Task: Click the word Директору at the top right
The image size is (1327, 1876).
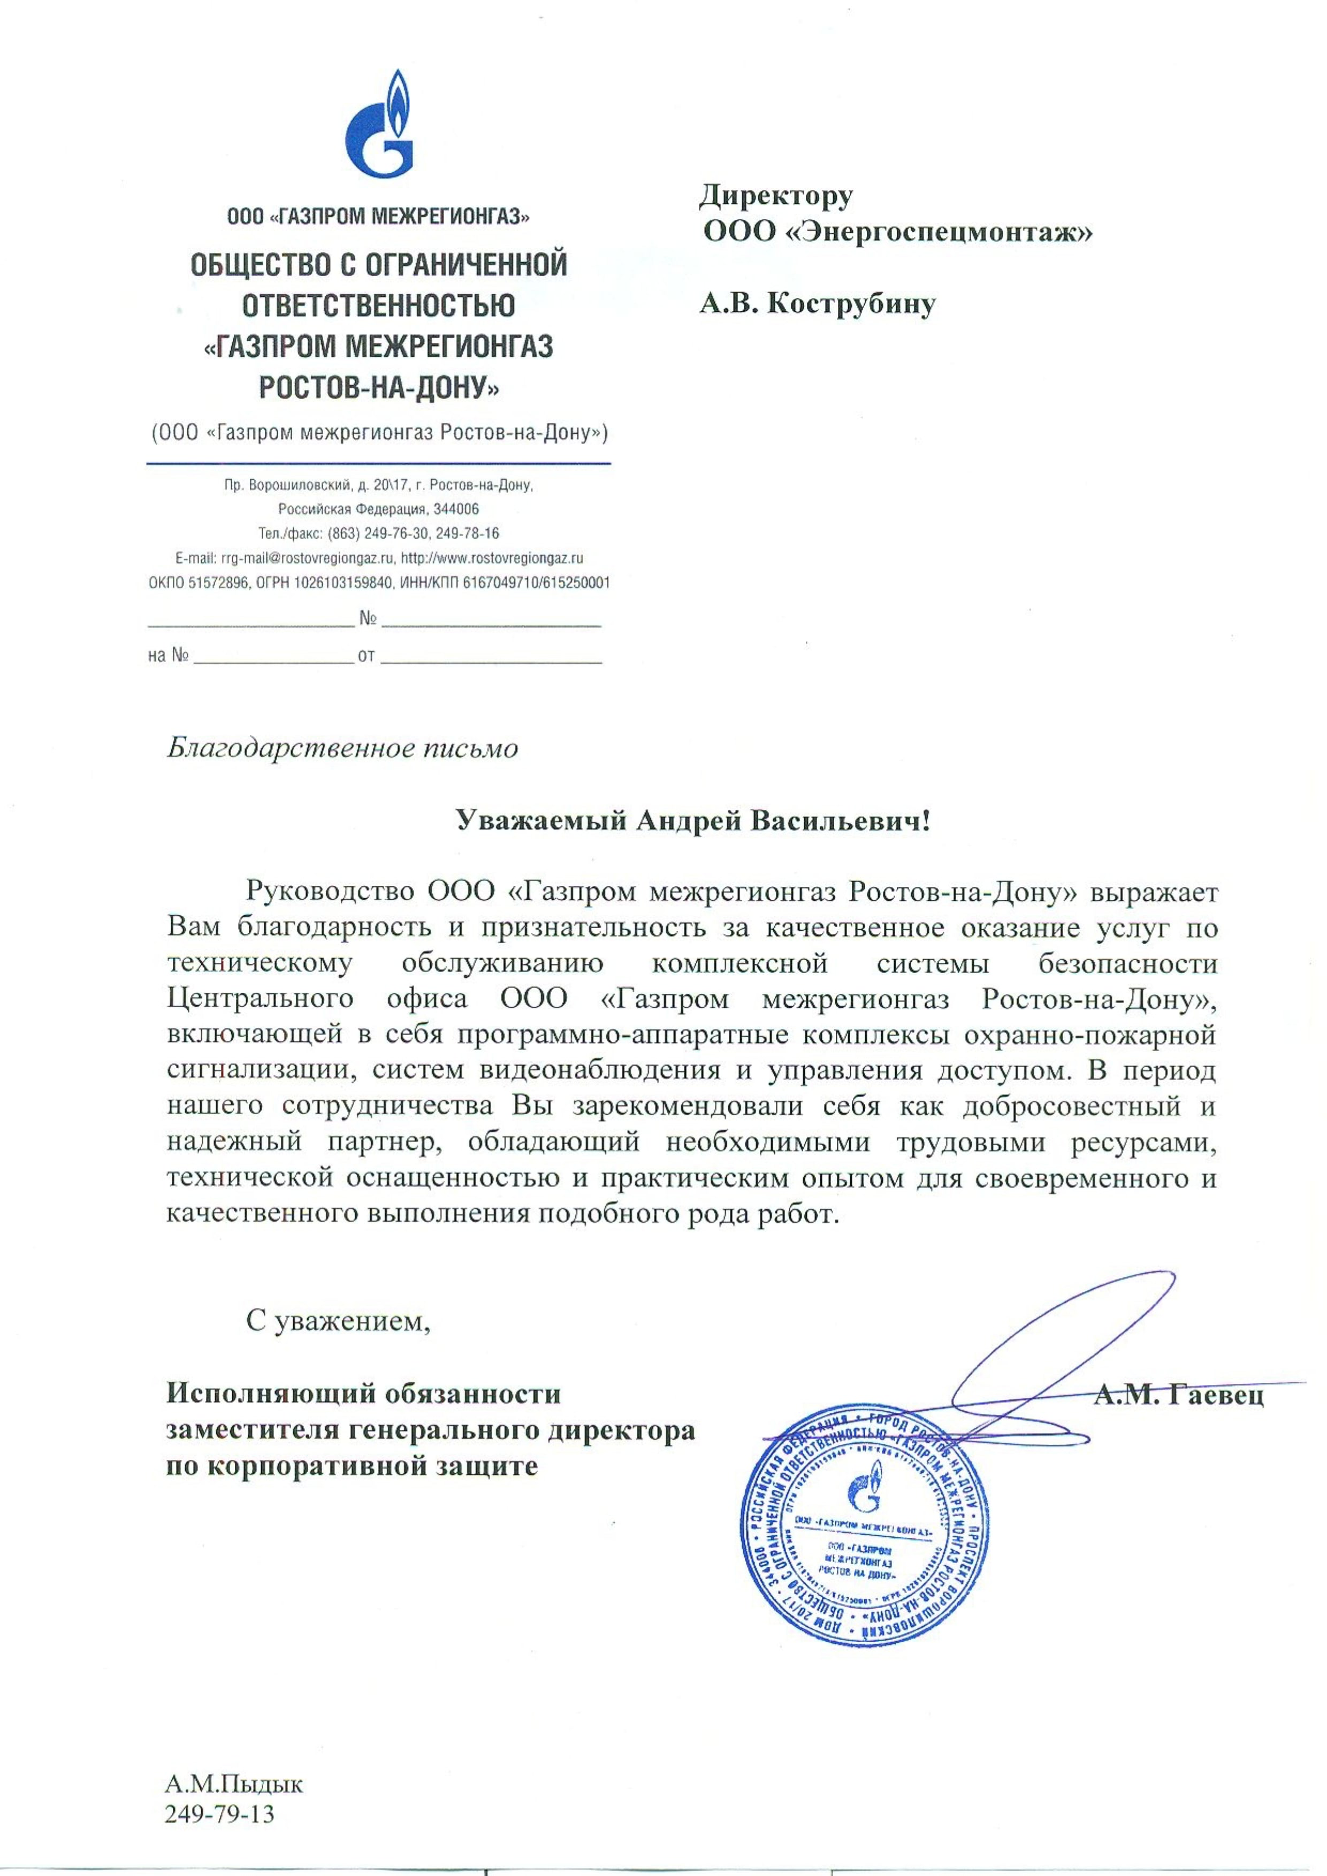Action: click(x=775, y=196)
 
